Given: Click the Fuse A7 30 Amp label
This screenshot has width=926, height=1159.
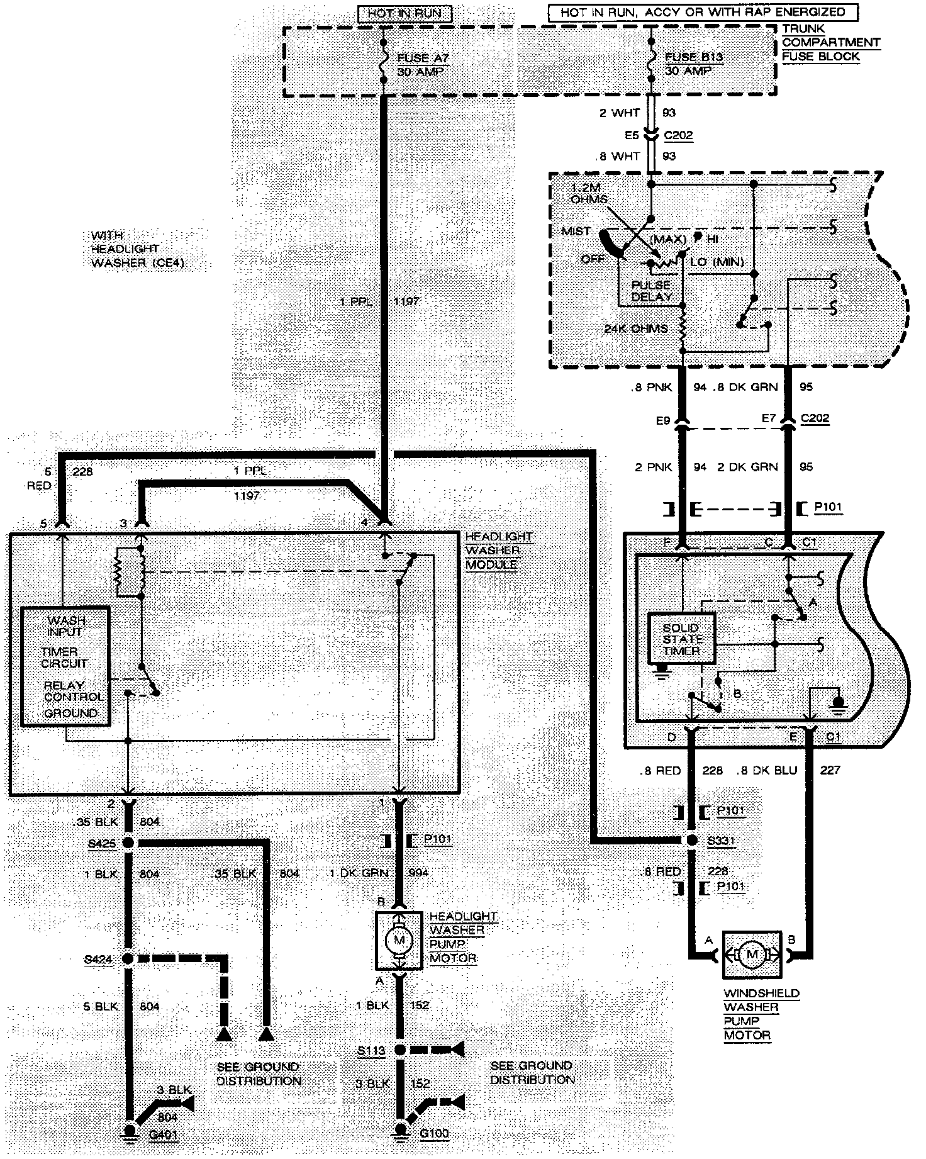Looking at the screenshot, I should click(423, 65).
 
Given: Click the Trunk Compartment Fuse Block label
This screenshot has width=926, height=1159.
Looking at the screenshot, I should click(830, 42).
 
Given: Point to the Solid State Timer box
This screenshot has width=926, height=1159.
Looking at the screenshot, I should click(682, 639).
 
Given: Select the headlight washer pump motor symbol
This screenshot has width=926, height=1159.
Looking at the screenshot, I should click(399, 940).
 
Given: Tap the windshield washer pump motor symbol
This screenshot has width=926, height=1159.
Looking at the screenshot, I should click(751, 955).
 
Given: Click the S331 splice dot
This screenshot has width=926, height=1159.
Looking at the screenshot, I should click(692, 841).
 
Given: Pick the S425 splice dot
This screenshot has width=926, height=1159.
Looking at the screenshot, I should click(128, 843).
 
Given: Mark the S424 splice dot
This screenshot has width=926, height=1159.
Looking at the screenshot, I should click(128, 960).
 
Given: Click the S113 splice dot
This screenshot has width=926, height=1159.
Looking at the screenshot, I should click(399, 1050).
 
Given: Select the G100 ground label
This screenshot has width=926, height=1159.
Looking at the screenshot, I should click(434, 1134).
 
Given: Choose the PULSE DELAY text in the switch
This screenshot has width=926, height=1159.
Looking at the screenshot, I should click(652, 291).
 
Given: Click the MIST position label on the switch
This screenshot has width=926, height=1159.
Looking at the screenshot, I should click(576, 232).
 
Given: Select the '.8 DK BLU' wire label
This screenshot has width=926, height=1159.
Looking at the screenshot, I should click(766, 770).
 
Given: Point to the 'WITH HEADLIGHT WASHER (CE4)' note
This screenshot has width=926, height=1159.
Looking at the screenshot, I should click(137, 249).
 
